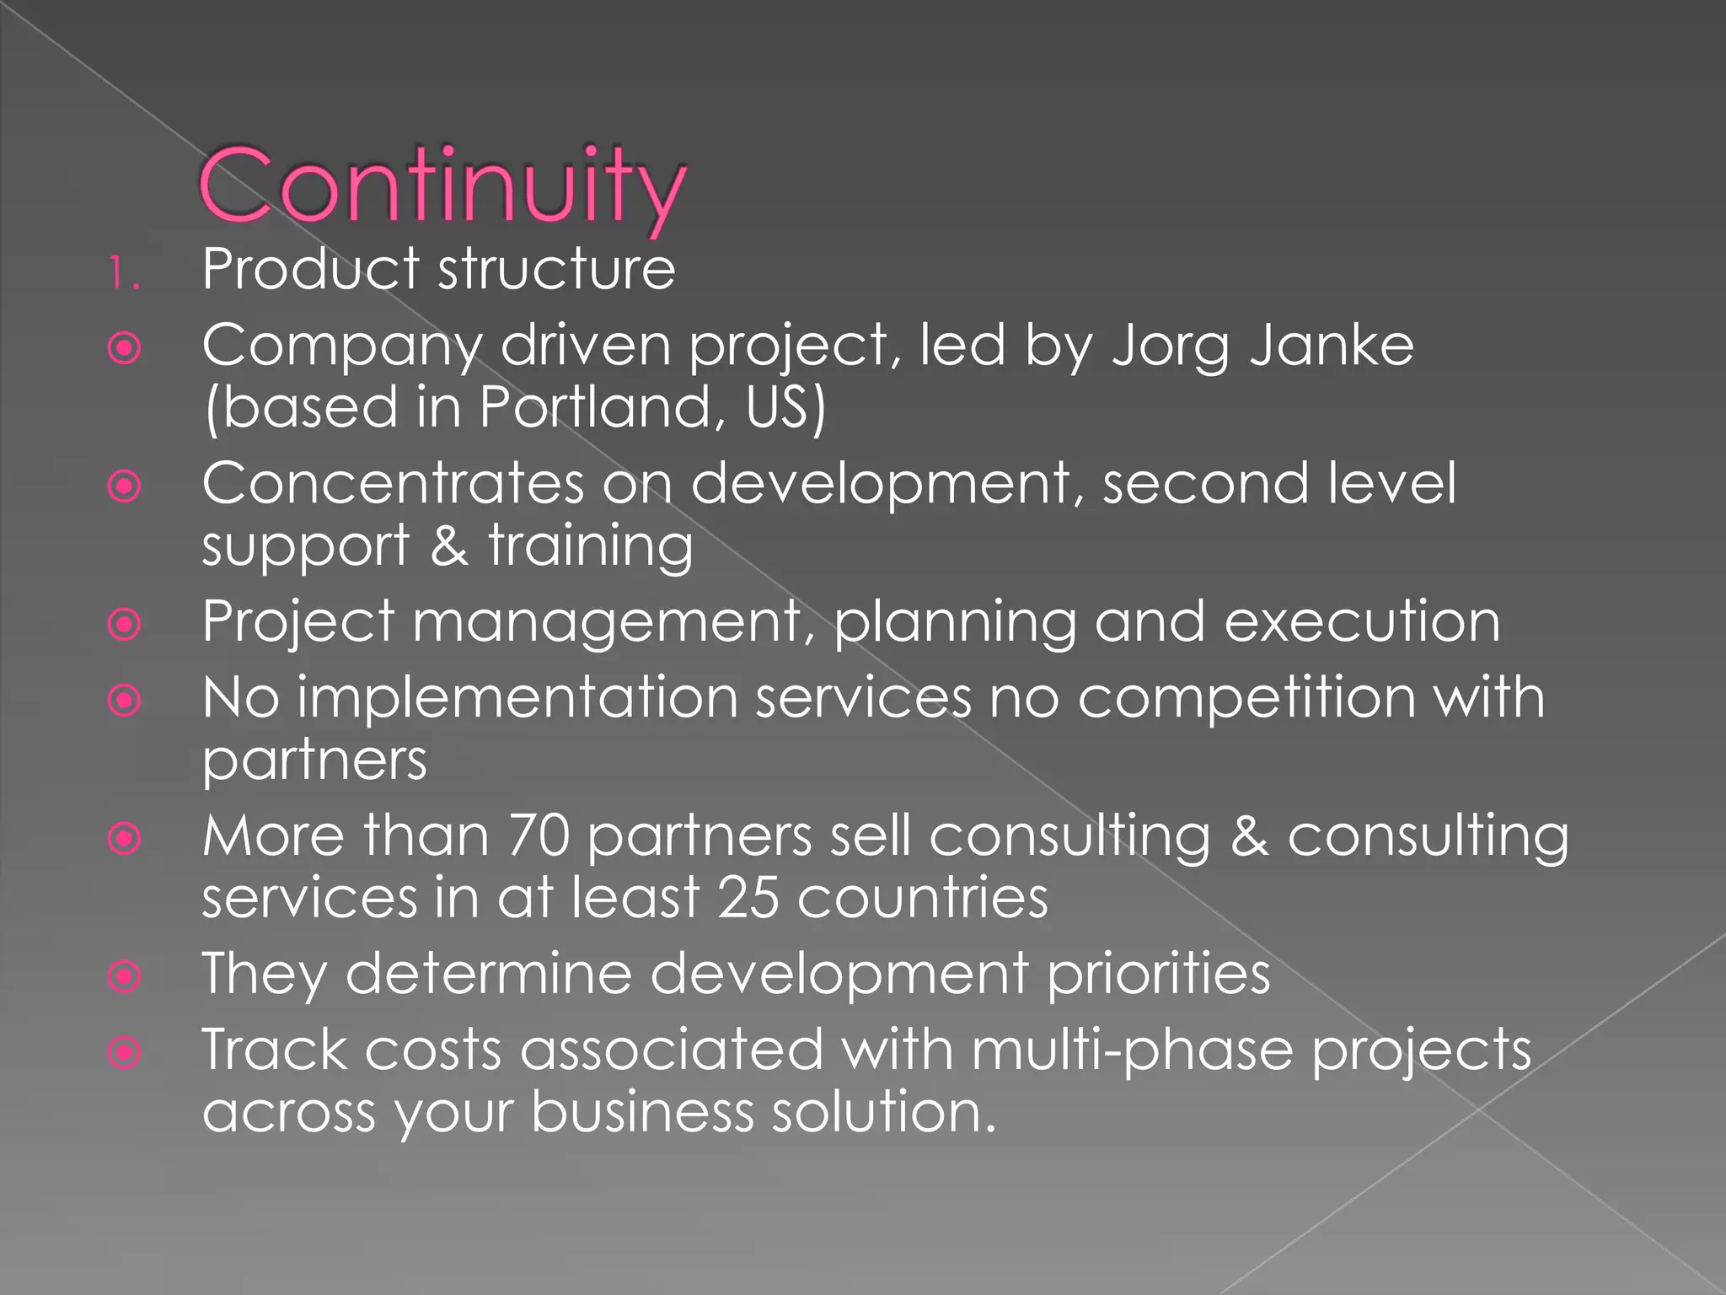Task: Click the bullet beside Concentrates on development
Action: coord(125,486)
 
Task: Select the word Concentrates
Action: coord(393,485)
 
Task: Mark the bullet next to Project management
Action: coord(125,625)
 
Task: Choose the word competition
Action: coord(1247,698)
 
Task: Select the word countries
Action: coord(923,898)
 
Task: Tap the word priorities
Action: coord(1158,974)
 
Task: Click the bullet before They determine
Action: coord(125,977)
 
